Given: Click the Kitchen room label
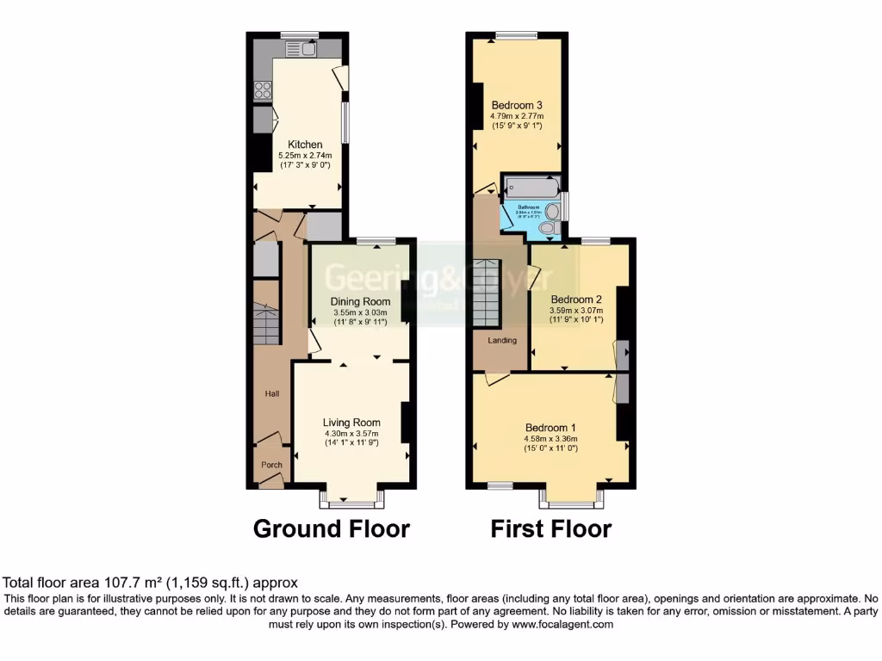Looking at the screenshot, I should click(x=305, y=145).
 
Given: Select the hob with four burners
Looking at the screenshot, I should click(x=263, y=89).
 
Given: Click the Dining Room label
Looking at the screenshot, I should click(x=361, y=302).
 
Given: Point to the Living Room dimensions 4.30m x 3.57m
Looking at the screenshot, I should click(x=351, y=434).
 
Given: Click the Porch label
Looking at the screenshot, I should click(x=272, y=465).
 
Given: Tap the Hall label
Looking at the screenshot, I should click(x=272, y=393).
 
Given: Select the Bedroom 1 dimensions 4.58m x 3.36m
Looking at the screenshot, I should click(x=550, y=439).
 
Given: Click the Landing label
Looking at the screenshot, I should click(x=502, y=341).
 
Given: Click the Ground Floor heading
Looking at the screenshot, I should click(x=331, y=528).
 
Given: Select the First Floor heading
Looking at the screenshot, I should click(x=551, y=528).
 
